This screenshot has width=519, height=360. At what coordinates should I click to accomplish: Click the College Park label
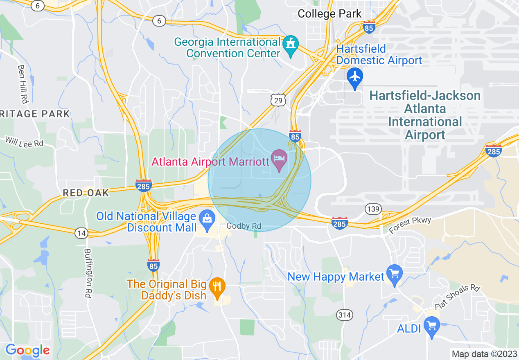(329, 13)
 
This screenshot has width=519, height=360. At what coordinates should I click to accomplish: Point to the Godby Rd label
(244, 226)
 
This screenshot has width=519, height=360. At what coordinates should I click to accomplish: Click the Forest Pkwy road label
(410, 225)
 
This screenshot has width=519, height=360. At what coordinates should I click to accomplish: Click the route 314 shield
(345, 315)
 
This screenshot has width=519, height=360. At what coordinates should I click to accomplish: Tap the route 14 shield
(81, 233)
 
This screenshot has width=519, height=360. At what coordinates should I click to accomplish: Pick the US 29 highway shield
(278, 100)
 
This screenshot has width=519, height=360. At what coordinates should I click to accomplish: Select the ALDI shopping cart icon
(431, 326)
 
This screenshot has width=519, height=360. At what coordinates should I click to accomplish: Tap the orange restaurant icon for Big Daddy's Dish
(217, 286)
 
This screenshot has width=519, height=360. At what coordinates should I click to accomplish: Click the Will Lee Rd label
(24, 142)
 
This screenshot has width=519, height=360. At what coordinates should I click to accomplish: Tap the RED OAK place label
(86, 193)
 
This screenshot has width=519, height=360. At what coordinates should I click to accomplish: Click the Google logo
(27, 350)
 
